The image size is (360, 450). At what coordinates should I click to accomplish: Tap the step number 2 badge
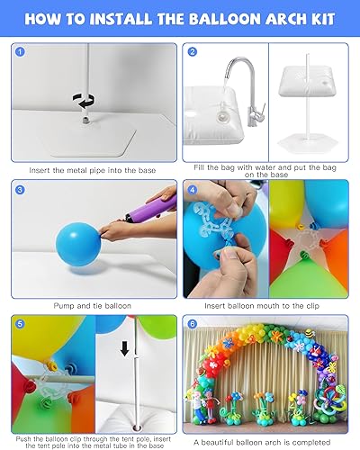click(x=192, y=52)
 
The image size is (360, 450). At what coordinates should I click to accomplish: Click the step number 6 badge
click(x=192, y=322)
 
